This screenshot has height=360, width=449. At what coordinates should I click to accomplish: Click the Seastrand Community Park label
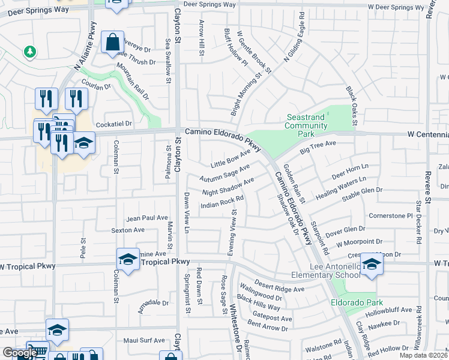point(306,121)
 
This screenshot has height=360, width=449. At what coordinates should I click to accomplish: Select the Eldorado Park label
point(357,303)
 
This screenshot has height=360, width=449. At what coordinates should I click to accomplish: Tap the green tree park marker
point(29,52)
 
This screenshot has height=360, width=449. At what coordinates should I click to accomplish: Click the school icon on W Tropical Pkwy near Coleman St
point(128,259)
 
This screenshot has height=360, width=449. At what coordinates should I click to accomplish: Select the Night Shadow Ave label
point(228,187)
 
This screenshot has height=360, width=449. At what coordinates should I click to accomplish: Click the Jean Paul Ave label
point(147,218)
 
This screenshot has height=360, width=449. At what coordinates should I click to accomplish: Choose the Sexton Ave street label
point(127,230)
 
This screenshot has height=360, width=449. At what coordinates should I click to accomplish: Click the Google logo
point(19,352)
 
